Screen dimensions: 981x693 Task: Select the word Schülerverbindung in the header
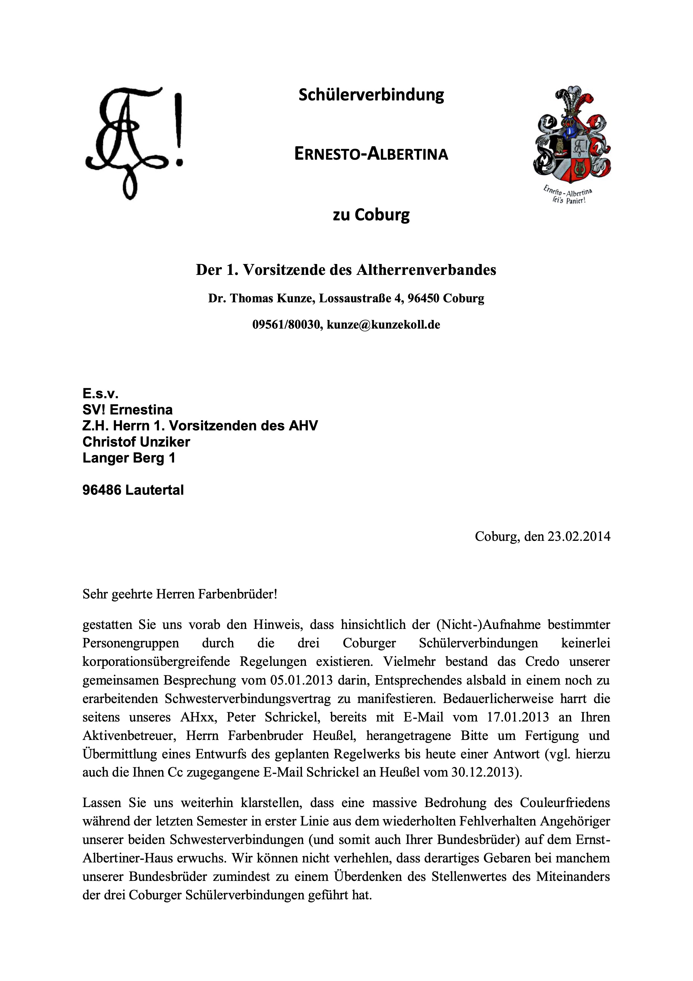(x=371, y=95)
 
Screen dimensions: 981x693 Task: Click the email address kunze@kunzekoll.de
(x=383, y=325)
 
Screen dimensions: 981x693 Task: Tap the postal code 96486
(x=102, y=490)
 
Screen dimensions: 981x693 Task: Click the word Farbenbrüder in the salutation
(x=239, y=594)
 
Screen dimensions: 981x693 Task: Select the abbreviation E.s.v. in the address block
(x=100, y=393)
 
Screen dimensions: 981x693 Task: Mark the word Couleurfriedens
(x=564, y=803)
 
